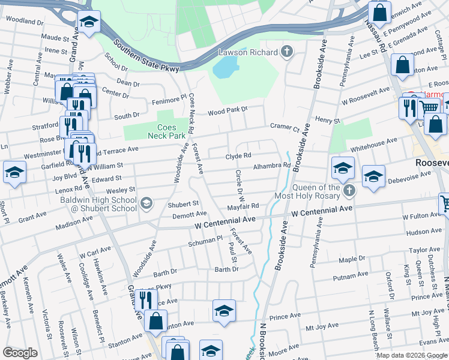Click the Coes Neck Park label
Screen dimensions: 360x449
(x=171, y=131)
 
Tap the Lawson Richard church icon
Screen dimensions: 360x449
(x=288, y=52)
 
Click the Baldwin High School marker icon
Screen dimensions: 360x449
(x=146, y=204)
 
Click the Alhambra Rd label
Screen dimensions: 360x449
(x=272, y=166)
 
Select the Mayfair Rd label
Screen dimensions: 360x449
(x=243, y=206)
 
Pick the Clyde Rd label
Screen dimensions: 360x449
(x=237, y=156)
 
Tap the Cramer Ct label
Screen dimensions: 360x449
(x=285, y=127)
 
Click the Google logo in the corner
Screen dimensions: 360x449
(x=20, y=353)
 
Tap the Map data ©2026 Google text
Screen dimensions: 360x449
(x=412, y=355)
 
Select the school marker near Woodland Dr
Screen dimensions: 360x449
(x=89, y=23)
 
